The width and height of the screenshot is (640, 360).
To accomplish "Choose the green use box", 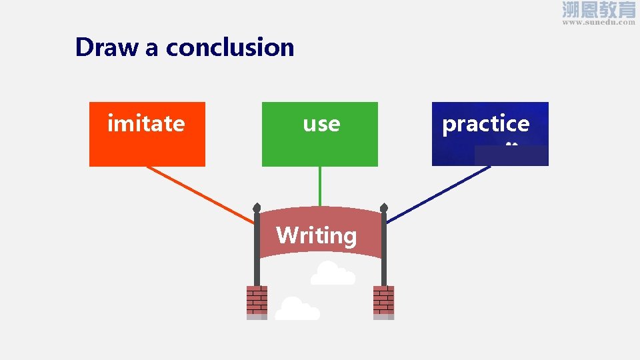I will click(x=319, y=150).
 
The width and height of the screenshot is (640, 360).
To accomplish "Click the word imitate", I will click(x=146, y=123).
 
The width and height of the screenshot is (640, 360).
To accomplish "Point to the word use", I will click(x=321, y=124).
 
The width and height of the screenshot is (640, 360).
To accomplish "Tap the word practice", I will click(x=485, y=124).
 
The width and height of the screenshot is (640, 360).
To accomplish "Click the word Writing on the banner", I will click(x=316, y=235).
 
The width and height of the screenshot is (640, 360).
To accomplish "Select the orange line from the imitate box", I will click(x=200, y=194).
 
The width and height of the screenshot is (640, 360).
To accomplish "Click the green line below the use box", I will click(x=320, y=186).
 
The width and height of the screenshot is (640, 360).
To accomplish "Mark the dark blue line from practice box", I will click(x=440, y=194).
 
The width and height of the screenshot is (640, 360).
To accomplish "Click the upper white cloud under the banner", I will click(x=332, y=274).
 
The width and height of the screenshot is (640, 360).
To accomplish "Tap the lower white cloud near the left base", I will click(x=297, y=309).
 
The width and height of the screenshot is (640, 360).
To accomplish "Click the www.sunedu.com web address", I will click(x=599, y=22).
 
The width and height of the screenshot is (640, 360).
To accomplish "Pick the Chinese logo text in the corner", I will click(x=599, y=9).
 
